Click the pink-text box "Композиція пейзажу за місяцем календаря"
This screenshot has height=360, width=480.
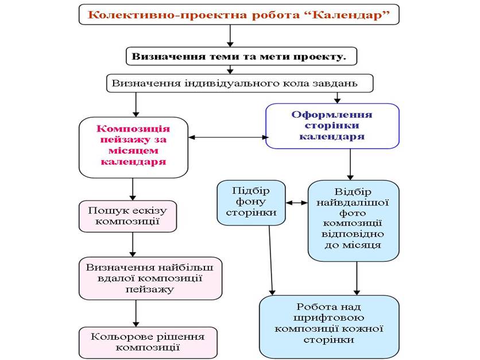coord(133,146)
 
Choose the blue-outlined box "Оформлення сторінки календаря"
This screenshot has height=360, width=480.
coord(332,126)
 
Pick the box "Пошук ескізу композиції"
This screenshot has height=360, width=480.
coord(127,216)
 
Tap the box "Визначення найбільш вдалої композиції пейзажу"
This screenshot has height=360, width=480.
coord(150,278)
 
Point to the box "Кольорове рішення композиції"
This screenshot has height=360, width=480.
coord(148,342)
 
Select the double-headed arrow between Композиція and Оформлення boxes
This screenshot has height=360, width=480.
coord(228,137)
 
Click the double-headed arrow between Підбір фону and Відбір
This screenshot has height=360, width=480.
coord(296,203)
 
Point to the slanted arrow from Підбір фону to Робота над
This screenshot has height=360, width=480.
coord(271,259)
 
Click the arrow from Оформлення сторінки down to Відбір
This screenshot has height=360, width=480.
coord(350,164)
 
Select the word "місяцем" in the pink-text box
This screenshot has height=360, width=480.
coord(133,151)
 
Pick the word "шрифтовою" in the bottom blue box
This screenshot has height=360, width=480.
coord(328,318)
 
